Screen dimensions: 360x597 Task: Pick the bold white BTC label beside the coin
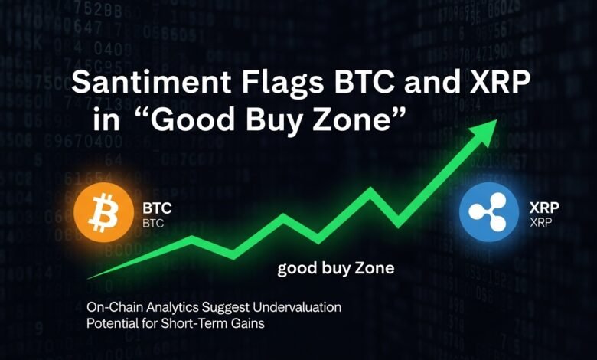pyautogui.click(x=157, y=208)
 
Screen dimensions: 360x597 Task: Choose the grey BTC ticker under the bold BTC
pyautogui.click(x=154, y=224)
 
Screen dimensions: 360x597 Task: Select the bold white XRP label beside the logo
pyautogui.click(x=545, y=207)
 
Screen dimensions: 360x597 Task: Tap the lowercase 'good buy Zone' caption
pyautogui.click(x=336, y=268)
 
